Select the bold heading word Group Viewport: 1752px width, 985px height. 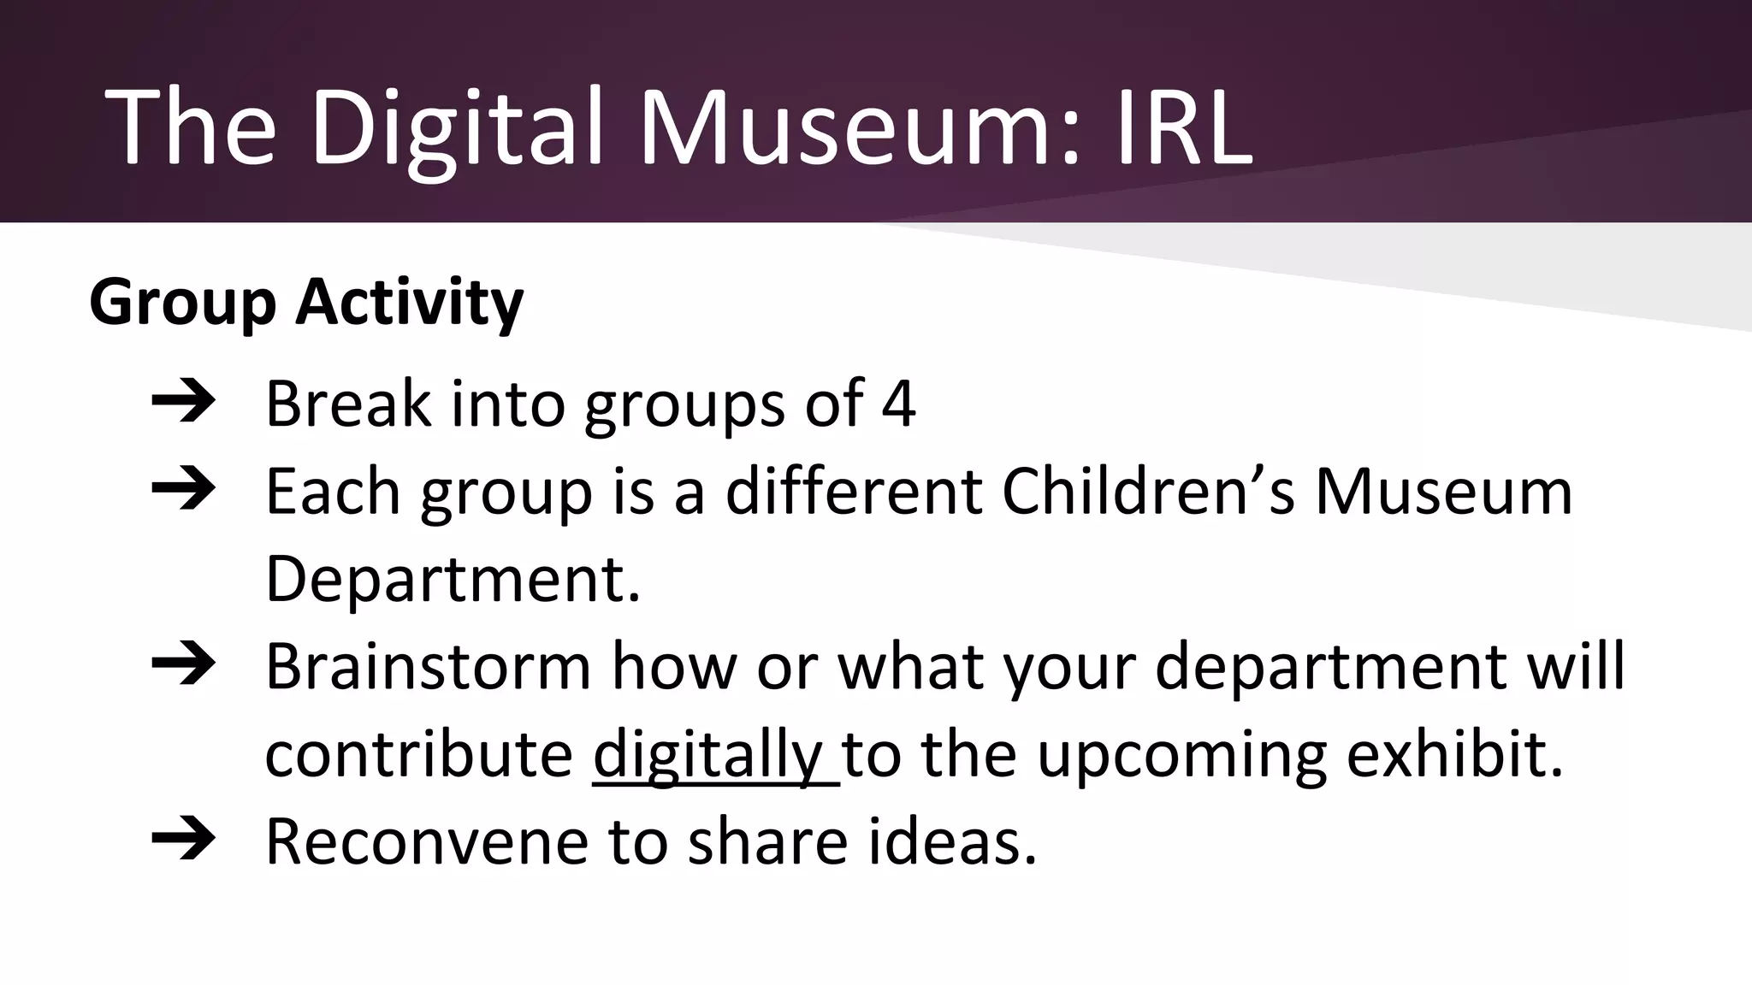coord(182,304)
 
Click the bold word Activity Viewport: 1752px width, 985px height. coord(409,304)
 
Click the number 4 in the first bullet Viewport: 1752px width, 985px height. coord(898,404)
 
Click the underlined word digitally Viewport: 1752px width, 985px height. coord(707,756)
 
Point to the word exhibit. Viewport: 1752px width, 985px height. coord(1454,756)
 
